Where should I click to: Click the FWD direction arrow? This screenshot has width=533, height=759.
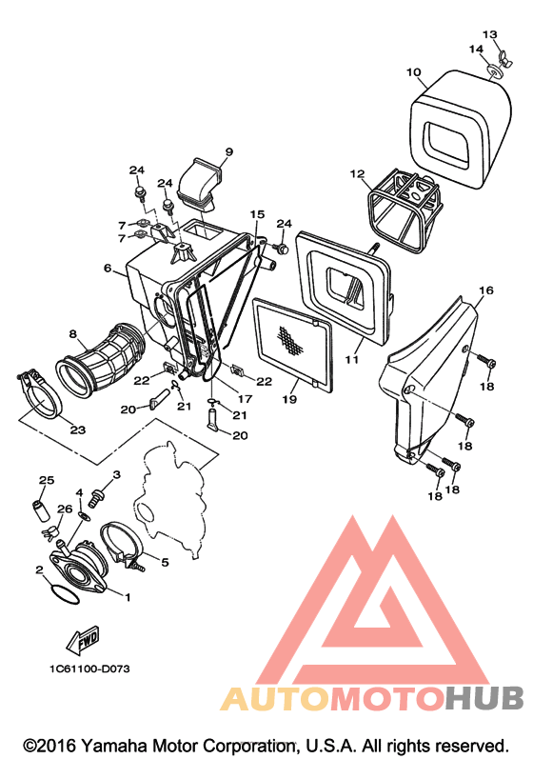[83, 642]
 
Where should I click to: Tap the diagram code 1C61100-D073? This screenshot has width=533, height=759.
[90, 669]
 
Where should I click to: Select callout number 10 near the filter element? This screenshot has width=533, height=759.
[413, 72]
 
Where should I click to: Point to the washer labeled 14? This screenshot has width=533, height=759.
[493, 72]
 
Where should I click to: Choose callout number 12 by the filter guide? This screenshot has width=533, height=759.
[357, 173]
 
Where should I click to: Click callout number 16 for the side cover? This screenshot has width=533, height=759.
[486, 290]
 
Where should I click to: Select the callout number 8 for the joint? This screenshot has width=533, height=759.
[73, 334]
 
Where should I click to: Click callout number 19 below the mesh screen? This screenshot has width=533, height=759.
[290, 400]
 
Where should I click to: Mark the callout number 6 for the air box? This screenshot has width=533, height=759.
[108, 269]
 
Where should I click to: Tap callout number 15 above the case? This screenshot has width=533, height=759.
[258, 214]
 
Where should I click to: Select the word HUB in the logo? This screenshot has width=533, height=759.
[484, 697]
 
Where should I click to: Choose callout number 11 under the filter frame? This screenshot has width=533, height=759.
[352, 359]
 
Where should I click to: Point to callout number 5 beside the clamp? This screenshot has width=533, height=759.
[165, 563]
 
